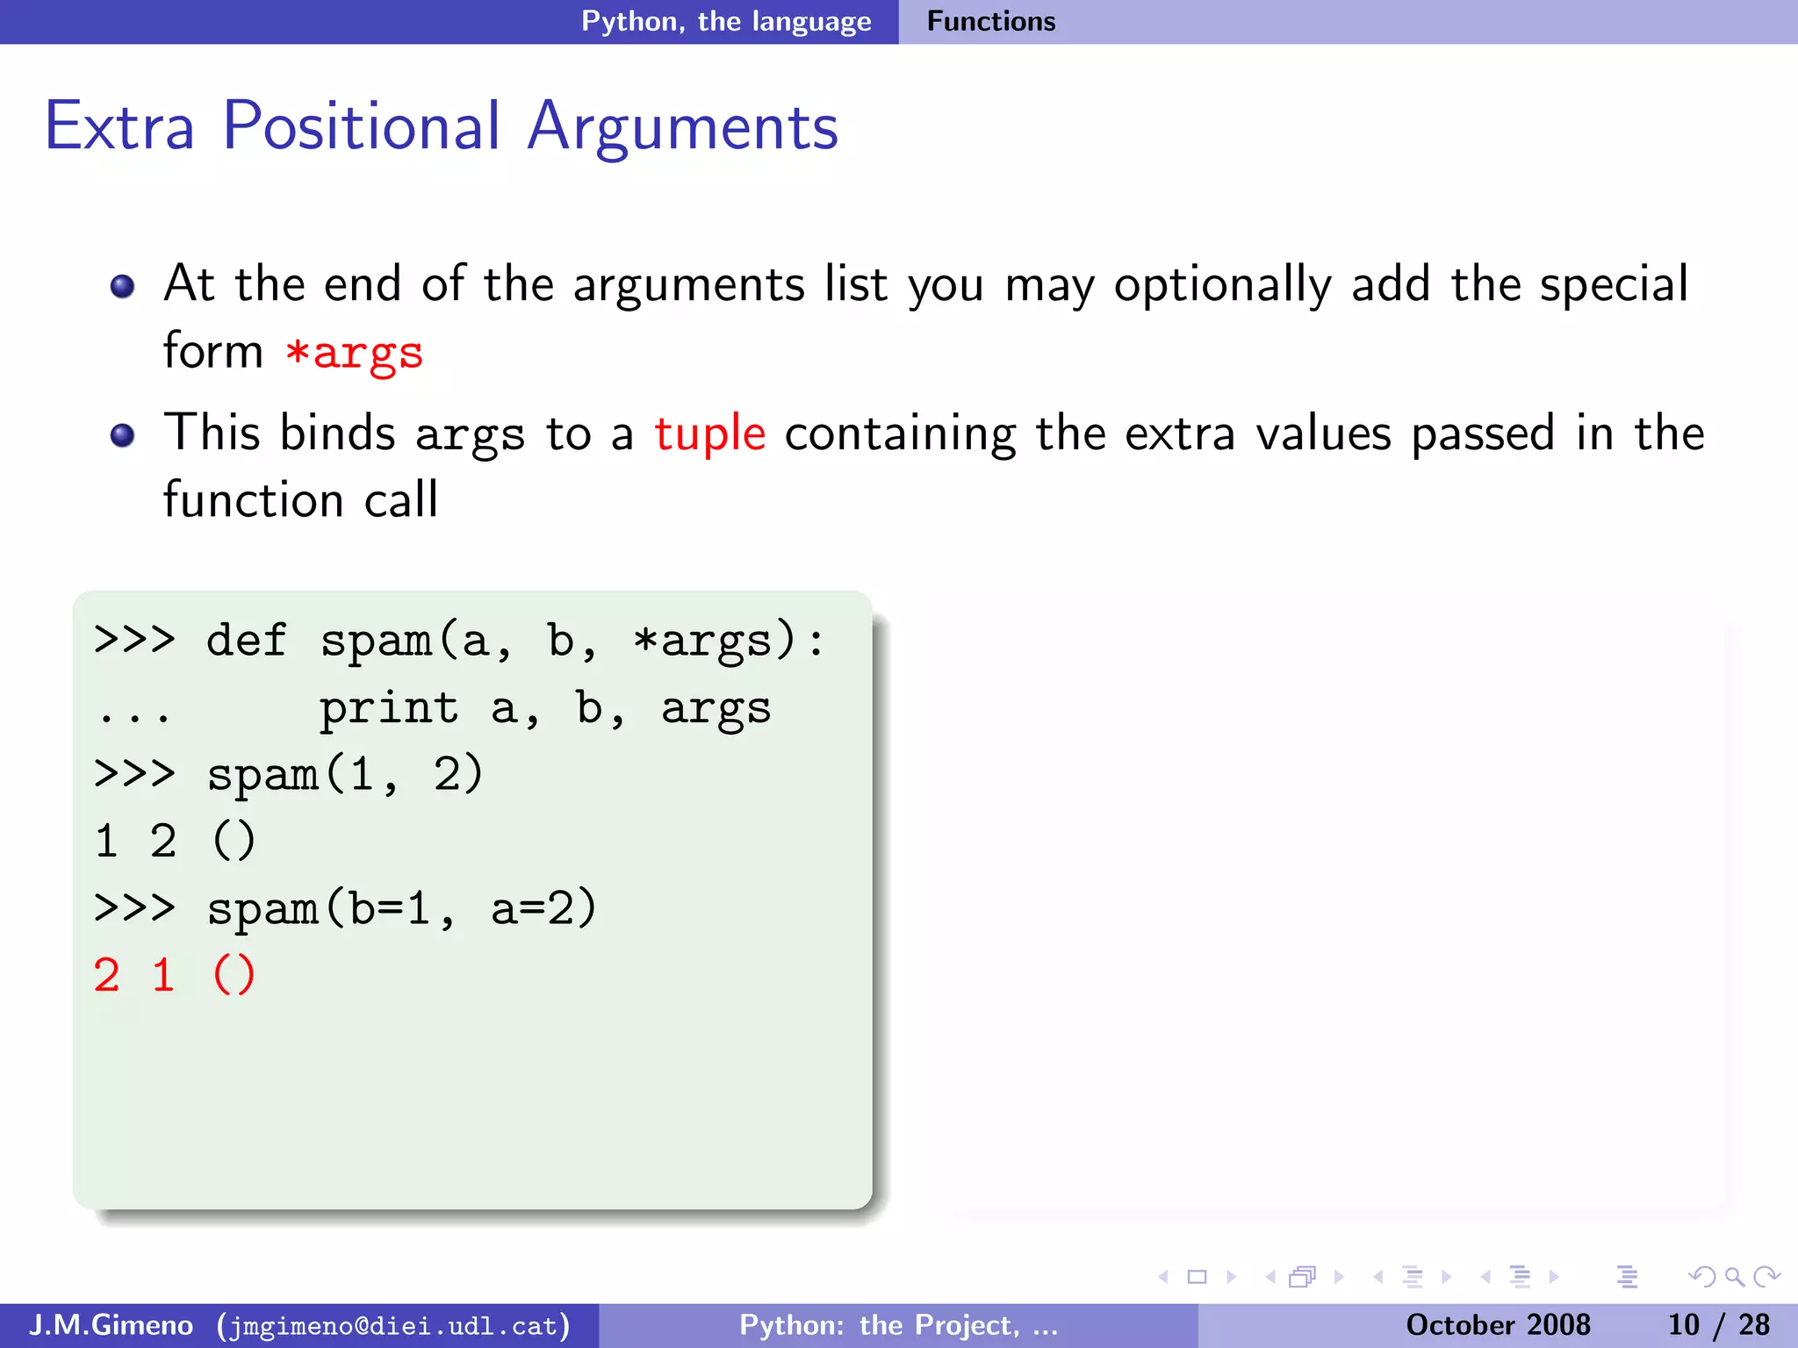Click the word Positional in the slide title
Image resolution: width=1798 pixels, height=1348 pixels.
(361, 126)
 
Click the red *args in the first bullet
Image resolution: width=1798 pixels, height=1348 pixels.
(355, 353)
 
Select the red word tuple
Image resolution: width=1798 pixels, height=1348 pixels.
(709, 434)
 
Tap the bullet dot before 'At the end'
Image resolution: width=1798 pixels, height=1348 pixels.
(123, 286)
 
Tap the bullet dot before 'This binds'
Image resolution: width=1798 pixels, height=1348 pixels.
(123, 435)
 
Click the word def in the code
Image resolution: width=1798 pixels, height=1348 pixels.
(246, 640)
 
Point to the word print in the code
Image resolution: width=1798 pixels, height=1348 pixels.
(388, 707)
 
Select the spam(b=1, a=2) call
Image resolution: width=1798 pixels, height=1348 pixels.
(401, 908)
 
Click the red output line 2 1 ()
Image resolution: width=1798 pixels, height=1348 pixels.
(174, 975)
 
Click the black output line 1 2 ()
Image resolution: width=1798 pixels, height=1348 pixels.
(174, 841)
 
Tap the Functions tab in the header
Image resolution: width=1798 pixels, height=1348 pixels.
(990, 21)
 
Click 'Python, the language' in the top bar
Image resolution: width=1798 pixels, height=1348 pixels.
(726, 21)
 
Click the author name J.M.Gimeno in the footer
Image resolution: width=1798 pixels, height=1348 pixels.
(111, 1324)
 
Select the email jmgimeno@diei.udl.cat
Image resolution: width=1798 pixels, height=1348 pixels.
(394, 1325)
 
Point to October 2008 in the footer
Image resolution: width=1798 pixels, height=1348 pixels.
(1498, 1324)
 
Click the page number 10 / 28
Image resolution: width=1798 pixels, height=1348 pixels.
(1718, 1324)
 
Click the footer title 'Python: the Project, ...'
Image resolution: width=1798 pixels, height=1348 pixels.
(898, 1324)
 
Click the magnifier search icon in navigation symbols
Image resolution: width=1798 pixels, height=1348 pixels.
(1734, 1277)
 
